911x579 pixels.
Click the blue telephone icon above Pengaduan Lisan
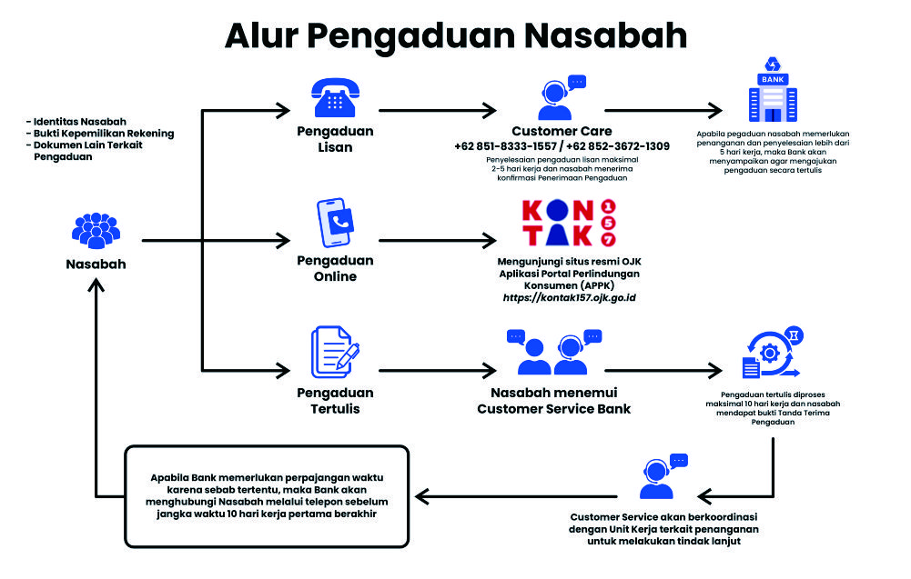(335, 95)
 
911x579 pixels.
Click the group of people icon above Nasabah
(96, 230)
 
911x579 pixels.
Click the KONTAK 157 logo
(568, 224)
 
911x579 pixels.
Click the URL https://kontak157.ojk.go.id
(569, 297)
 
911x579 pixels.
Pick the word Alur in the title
(258, 35)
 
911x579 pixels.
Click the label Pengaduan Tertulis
(335, 401)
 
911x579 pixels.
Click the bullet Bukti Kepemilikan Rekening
(100, 134)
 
